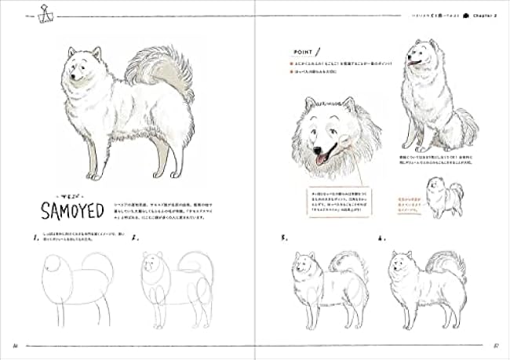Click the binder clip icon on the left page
[x=35, y=13]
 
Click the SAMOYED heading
[x=66, y=212]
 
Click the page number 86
[x=16, y=345]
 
